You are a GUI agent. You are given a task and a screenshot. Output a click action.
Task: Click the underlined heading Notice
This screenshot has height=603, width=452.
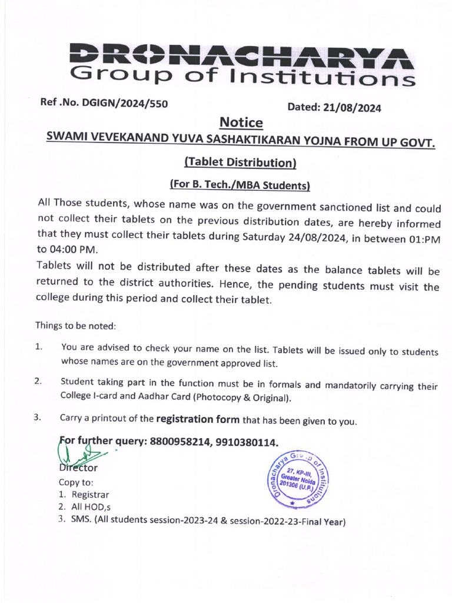[x=241, y=123]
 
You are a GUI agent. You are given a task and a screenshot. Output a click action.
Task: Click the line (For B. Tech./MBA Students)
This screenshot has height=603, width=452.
[x=240, y=185]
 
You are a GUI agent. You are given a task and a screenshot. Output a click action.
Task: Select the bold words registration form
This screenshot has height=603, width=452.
[x=197, y=420]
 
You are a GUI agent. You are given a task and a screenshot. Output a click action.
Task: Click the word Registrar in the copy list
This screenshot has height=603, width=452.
[x=89, y=495]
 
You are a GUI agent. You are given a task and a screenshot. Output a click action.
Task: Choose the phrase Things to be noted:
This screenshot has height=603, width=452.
[x=76, y=325]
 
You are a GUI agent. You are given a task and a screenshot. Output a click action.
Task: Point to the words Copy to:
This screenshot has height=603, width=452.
[x=76, y=482]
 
